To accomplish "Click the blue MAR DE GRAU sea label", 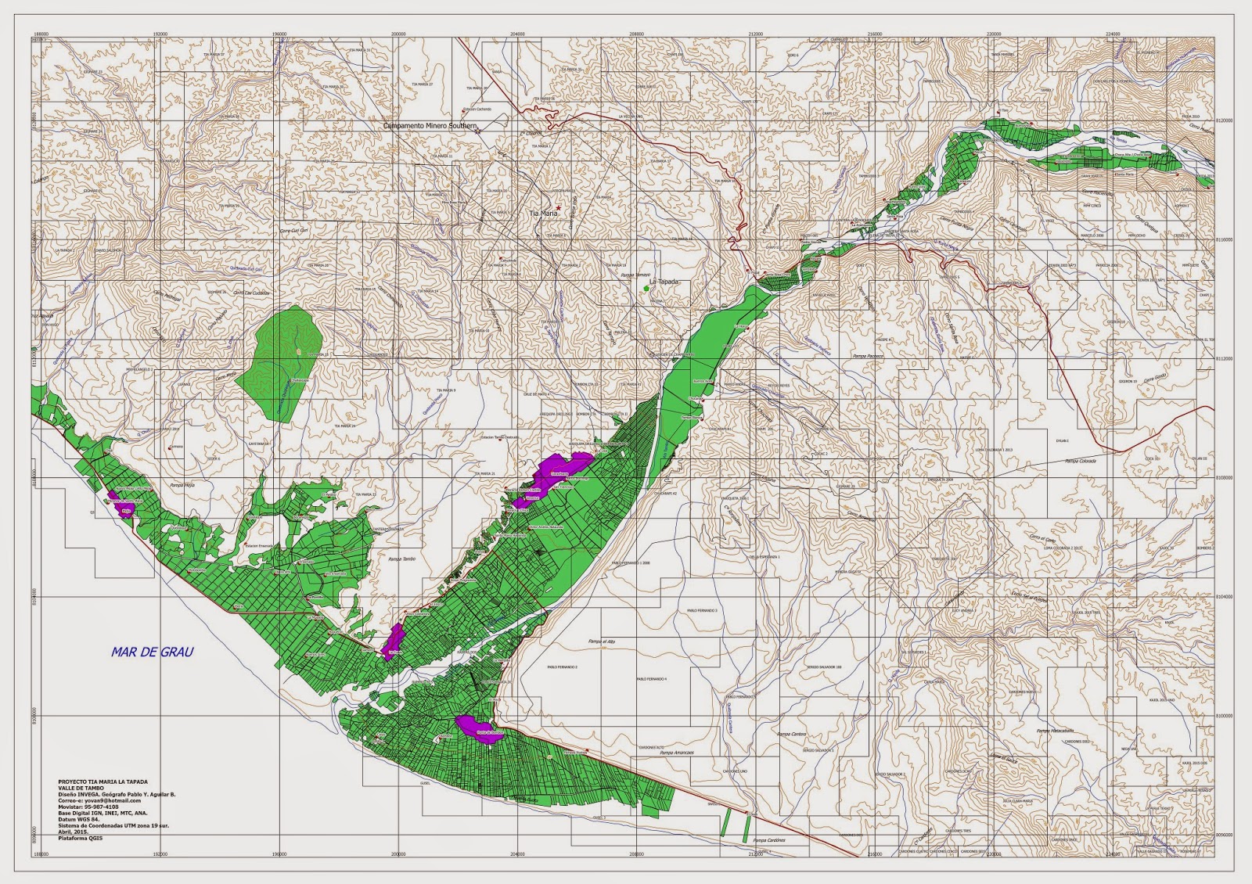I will coord(152,652).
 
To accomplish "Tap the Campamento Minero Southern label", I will coord(430,125).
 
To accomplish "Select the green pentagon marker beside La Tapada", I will coord(646,289).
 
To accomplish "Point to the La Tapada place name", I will coord(664,282).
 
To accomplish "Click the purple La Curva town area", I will coord(394,641).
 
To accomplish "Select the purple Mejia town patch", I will coord(124,508).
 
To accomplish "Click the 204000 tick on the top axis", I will coord(516,34).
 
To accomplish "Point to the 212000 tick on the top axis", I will coord(755,34).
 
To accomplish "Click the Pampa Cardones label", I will coord(768,840).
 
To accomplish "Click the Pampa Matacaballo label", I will coord(1053,731).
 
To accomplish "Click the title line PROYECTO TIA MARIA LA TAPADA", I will coord(102,782).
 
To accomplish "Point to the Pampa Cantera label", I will coord(791,734).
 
